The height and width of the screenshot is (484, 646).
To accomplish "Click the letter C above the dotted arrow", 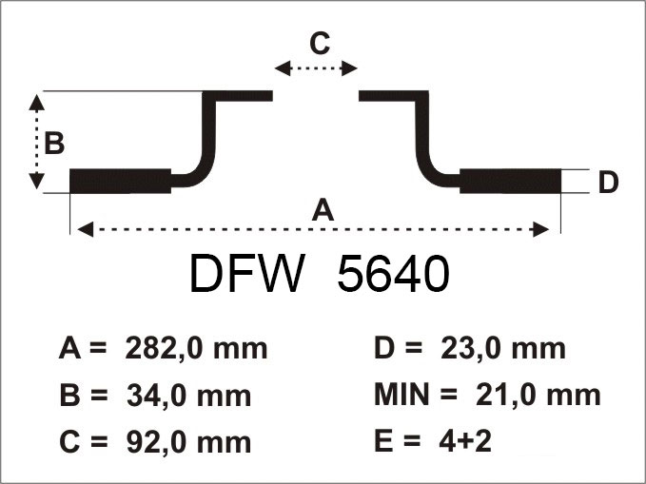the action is pos(320,43).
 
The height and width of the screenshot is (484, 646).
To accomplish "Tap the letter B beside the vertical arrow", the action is pos(54,143).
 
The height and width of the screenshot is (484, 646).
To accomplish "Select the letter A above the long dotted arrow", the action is pos(323,209).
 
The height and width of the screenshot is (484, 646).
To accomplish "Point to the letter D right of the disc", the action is pos(608,182).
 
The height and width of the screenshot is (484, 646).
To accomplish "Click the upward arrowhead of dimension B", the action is pos(37,102).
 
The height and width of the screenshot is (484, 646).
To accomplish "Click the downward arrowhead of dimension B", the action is pos(37,181).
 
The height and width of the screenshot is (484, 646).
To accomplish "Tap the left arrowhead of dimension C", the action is pos(283,68).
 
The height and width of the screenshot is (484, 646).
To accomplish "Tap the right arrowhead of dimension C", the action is pos(349,68).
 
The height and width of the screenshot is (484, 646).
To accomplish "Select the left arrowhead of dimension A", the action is pos(86,229).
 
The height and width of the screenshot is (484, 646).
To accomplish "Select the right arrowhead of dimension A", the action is pos(541,229).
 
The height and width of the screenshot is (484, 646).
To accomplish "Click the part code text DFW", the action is pos(247,273).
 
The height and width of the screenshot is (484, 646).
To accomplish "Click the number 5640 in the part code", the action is pos(393,273).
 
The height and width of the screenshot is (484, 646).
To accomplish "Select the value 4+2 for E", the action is pos(465,441).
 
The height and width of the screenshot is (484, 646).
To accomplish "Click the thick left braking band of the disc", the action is pos(120,181).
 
